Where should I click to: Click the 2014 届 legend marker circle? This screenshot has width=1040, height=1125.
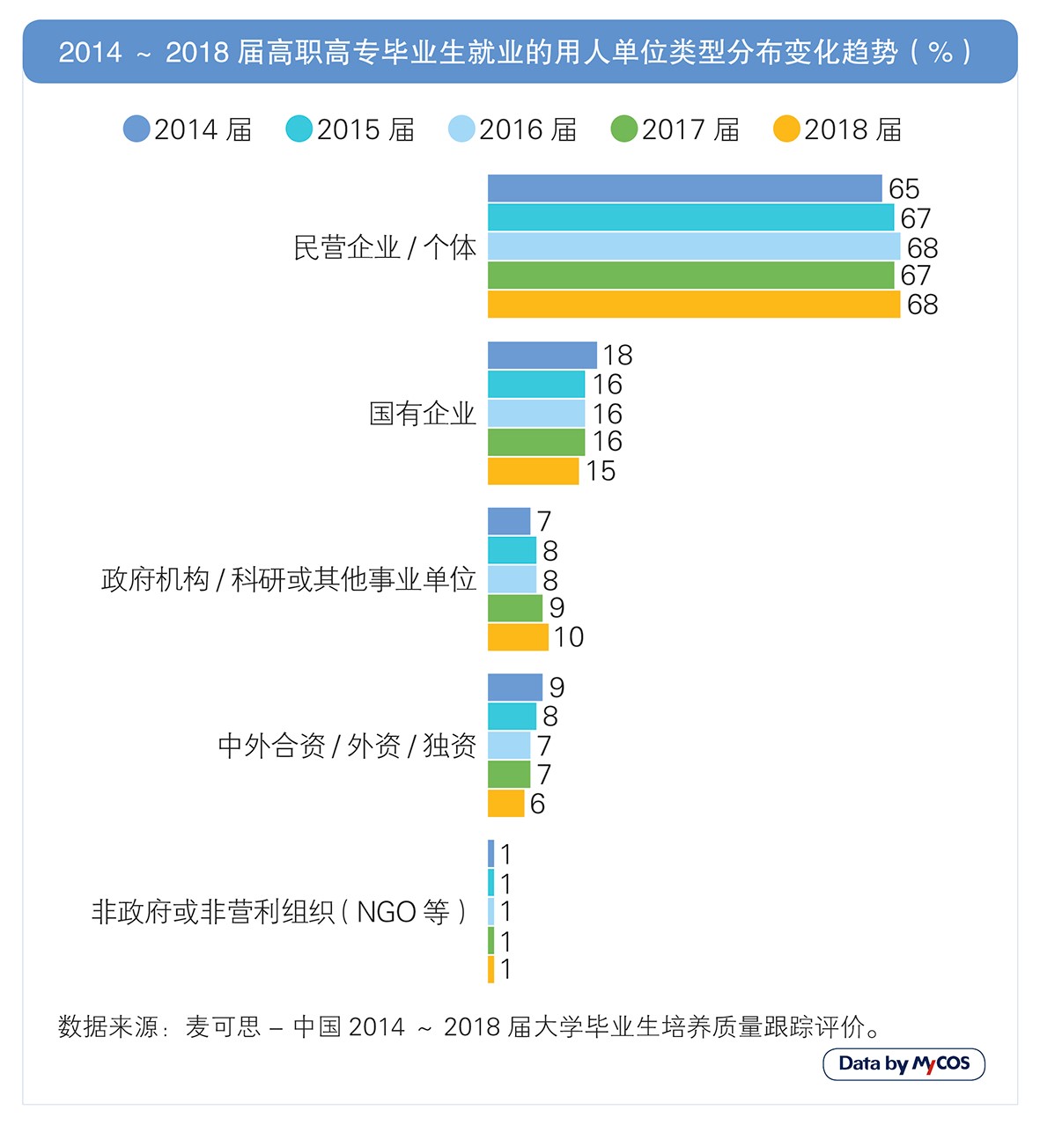136,129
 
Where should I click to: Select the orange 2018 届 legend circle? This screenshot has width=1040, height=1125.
786,129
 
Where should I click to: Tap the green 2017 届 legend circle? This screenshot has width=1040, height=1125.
623,129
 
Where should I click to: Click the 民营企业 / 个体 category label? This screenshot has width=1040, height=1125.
385,247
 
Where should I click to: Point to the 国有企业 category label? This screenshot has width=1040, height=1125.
422,414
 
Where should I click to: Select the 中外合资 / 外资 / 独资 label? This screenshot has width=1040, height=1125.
347,746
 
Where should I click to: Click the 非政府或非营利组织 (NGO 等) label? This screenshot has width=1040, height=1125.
280,912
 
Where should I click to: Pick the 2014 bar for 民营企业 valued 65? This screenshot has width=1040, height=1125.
684,188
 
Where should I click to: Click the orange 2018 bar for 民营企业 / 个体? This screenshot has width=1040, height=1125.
693,305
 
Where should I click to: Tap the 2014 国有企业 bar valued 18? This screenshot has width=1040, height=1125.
542,355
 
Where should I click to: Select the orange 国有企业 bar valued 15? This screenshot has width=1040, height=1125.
533,471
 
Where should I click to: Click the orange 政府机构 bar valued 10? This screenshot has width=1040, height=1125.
518,637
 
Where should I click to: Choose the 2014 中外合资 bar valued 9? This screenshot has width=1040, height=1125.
515,687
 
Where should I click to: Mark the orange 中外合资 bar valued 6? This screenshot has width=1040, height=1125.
505,804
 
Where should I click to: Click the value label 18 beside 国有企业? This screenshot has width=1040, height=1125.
617,356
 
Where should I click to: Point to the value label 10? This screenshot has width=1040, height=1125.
569,637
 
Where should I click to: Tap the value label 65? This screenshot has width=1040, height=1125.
904,189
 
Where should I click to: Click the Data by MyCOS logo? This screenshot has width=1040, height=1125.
904,1063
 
